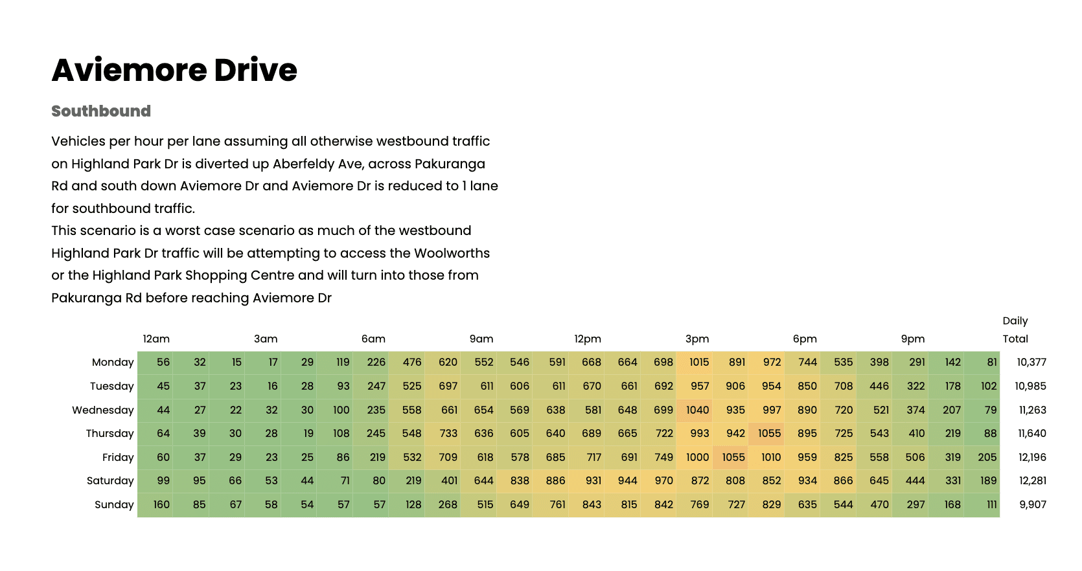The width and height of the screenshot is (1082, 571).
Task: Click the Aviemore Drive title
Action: pyautogui.click(x=174, y=70)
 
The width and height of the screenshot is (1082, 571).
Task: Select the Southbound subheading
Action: pyautogui.click(x=101, y=111)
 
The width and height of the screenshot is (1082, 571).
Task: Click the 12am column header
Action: pyautogui.click(x=156, y=339)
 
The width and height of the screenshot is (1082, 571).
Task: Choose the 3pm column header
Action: pyautogui.click(x=697, y=339)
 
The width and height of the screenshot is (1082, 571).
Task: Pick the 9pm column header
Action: pyautogui.click(x=913, y=339)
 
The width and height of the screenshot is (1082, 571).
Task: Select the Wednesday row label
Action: pyautogui.click(x=103, y=410)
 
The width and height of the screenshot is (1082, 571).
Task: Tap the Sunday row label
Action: pyautogui.click(x=114, y=505)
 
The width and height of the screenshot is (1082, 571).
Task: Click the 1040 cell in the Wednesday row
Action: pyautogui.click(x=698, y=410)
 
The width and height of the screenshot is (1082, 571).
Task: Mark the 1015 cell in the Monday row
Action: pyautogui.click(x=699, y=363)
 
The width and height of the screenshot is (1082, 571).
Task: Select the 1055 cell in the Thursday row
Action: pyautogui.click(x=770, y=434)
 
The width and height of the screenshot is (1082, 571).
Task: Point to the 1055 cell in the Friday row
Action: pyautogui.click(x=733, y=457)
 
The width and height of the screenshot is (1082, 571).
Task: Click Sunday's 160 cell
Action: pyautogui.click(x=161, y=505)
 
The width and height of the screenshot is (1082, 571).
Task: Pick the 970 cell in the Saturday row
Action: pyautogui.click(x=663, y=481)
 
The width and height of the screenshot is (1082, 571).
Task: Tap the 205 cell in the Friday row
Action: pyautogui.click(x=987, y=457)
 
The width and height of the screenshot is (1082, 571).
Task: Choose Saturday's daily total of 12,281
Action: pyautogui.click(x=1032, y=481)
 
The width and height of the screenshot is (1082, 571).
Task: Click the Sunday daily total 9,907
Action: pyautogui.click(x=1033, y=505)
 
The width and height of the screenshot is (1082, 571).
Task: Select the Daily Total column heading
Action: pyautogui.click(x=1015, y=330)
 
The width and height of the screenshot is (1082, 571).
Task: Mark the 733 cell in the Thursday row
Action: pyautogui.click(x=448, y=434)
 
